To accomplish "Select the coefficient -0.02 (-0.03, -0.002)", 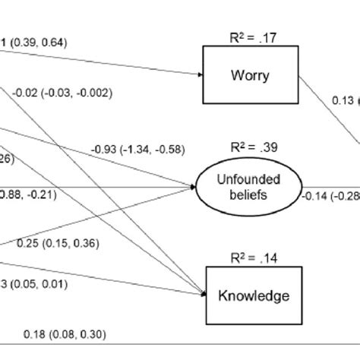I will pos(62,93).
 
